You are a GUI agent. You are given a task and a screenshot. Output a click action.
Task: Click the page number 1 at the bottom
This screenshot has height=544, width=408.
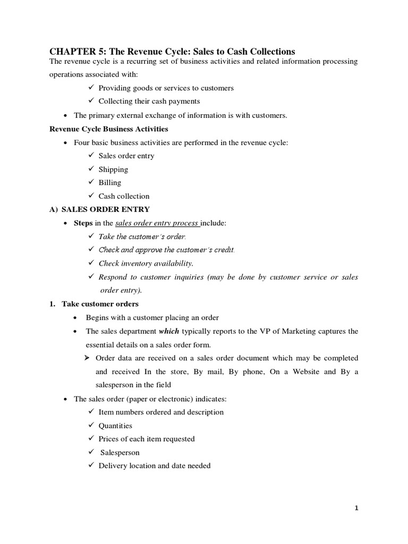coord(357,508)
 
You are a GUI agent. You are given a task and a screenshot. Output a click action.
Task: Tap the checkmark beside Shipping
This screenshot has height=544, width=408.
coord(91,169)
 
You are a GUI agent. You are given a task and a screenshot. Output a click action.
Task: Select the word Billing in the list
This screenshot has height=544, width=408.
coord(109,183)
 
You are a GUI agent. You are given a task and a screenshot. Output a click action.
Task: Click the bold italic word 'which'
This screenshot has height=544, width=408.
coord(169,331)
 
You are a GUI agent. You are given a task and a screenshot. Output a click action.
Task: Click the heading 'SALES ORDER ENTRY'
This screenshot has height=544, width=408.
coord(106,209)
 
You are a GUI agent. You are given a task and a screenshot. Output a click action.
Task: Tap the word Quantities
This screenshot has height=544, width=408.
coord(115,426)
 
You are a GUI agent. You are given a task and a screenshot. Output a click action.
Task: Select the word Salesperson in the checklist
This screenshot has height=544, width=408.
coord(120,453)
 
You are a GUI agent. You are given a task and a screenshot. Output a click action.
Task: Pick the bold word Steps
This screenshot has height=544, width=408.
coord(83,223)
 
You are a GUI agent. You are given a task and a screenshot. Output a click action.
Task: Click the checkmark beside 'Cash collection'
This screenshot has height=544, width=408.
coord(91,195)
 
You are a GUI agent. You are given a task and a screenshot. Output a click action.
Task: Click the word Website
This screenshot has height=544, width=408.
coord(303,371)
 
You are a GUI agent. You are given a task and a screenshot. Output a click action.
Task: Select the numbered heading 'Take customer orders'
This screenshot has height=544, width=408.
coord(100,304)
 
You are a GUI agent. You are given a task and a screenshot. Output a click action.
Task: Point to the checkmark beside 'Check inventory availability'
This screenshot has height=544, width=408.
coord(91,263)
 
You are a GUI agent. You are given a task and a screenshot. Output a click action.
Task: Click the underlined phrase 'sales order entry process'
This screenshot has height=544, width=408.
coord(157,223)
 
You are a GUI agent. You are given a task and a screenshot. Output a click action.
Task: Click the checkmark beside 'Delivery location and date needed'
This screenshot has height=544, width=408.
coord(91,465)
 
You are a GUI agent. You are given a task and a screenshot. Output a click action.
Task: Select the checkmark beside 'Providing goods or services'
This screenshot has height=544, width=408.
coord(91,88)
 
